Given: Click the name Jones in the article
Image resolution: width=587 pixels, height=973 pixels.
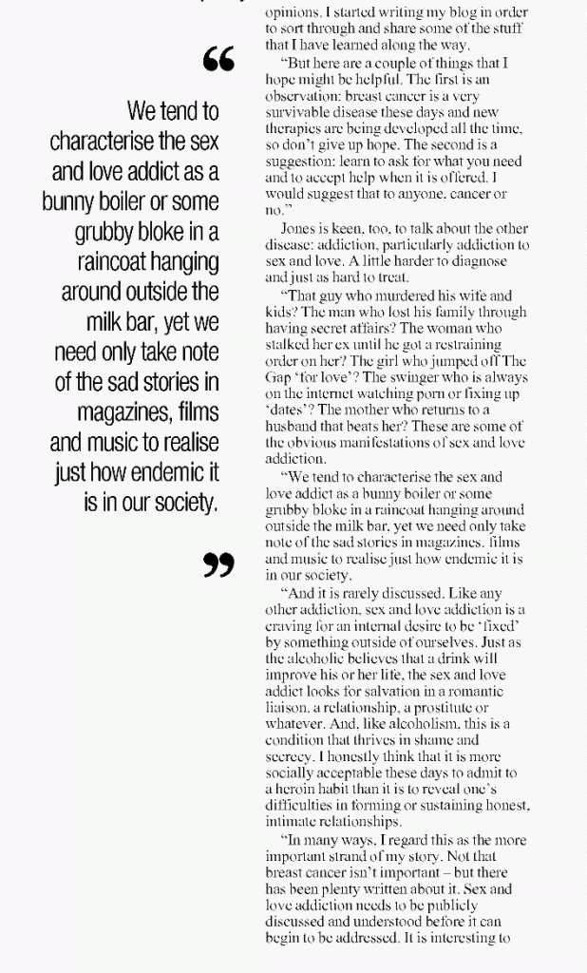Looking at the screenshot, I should [298, 230].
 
